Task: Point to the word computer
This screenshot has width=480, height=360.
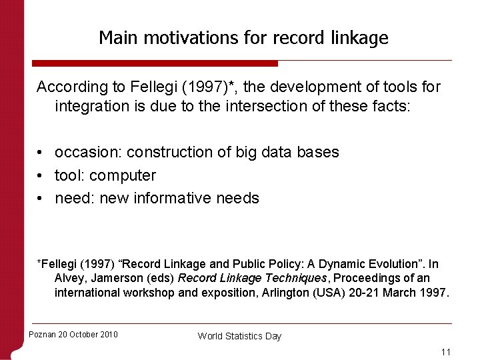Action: pos(123,176)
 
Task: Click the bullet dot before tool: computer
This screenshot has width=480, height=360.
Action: pos(41,176)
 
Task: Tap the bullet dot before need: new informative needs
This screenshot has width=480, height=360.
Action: pos(41,199)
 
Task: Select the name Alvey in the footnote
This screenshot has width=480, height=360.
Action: pos(69,278)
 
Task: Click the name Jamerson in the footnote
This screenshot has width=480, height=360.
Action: pos(112,278)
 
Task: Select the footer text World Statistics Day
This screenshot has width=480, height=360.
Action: pos(239,336)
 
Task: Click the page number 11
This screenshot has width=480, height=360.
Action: pos(446,351)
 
